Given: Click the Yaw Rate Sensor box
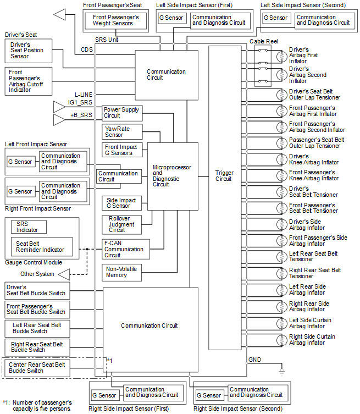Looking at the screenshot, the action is pyautogui.click(x=122, y=132).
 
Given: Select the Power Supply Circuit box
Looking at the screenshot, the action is pyautogui.click(x=122, y=113).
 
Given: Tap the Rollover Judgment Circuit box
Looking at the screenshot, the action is pyautogui.click(x=121, y=225).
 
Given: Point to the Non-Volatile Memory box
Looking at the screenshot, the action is pyautogui.click(x=121, y=273).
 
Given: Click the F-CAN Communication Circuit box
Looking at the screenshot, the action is pyautogui.click(x=126, y=249).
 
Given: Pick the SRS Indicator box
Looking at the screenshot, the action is pyautogui.click(x=29, y=227).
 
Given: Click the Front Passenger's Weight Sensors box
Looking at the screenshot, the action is pyautogui.click(x=115, y=20).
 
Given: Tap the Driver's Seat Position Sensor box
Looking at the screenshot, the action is pyautogui.click(x=29, y=51).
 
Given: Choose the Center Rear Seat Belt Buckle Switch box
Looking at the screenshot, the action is pyautogui.click(x=37, y=368).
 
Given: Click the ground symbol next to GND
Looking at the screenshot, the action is pyautogui.click(x=282, y=372).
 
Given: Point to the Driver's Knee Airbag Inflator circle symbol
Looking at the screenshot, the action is pyautogui.click(x=282, y=159).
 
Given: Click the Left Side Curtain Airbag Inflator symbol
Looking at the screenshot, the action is pyautogui.click(x=282, y=323).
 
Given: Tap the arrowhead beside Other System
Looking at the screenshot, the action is pyautogui.click(x=64, y=274).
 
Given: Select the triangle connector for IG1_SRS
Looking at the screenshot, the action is pyautogui.click(x=59, y=107).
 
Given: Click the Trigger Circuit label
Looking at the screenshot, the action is pyautogui.click(x=224, y=176).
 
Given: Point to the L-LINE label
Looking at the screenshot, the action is pyautogui.click(x=84, y=95).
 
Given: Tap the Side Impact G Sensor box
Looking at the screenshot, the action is pyautogui.click(x=121, y=203).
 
